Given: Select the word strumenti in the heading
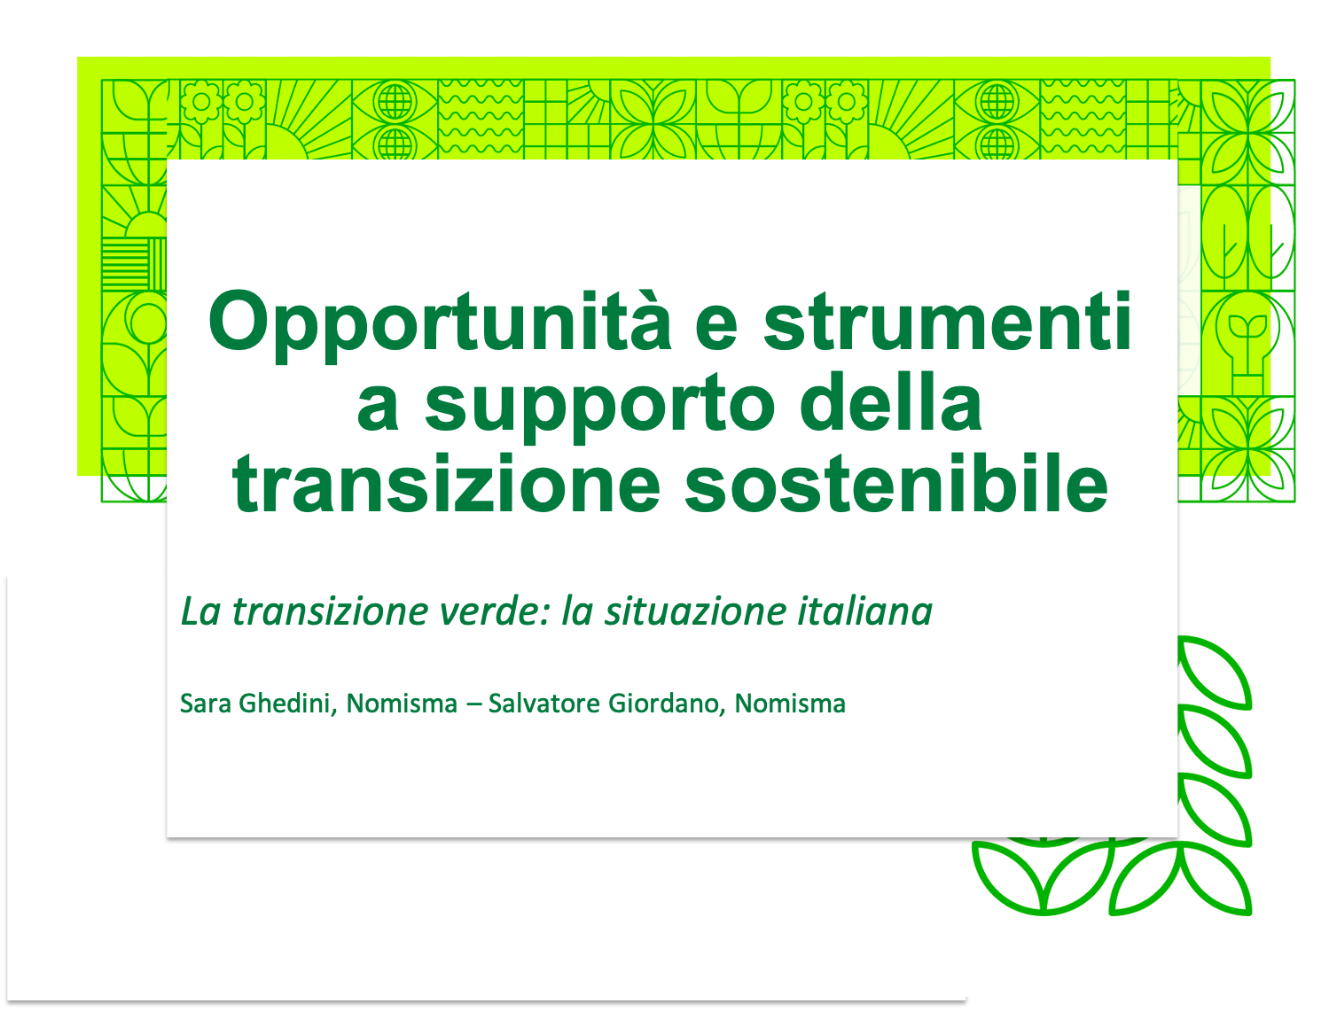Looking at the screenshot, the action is pyautogui.click(x=947, y=322).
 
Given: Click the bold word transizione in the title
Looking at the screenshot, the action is pyautogui.click(x=446, y=483).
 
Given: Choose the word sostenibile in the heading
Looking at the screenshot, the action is pyautogui.click(x=896, y=482).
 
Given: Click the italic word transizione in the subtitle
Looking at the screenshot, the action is pyautogui.click(x=331, y=611).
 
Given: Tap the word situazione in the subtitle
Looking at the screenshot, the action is pyautogui.click(x=695, y=611).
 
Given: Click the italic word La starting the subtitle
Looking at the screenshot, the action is pyautogui.click(x=200, y=611).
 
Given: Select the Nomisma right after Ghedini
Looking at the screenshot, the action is pyautogui.click(x=402, y=704).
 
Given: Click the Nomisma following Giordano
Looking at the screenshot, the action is pyautogui.click(x=790, y=704).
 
